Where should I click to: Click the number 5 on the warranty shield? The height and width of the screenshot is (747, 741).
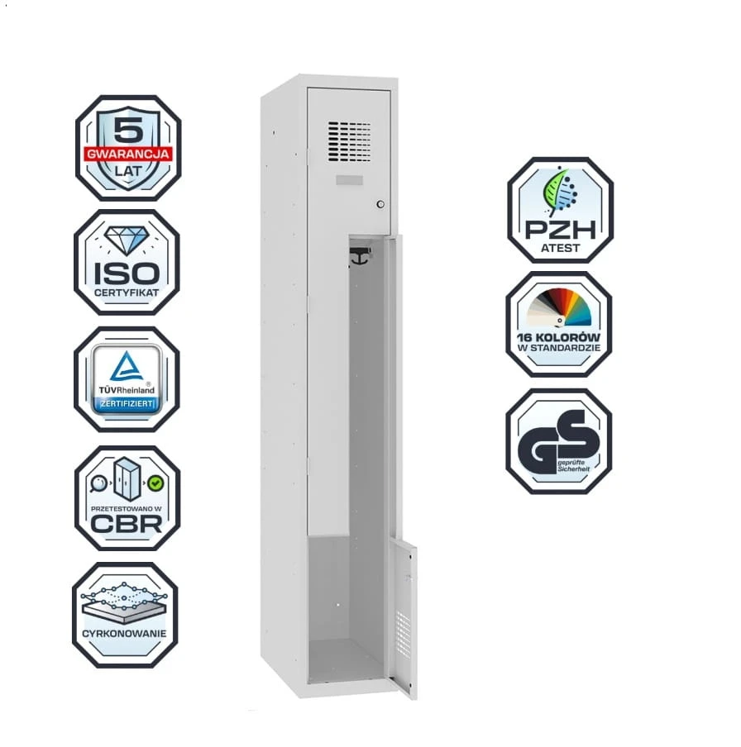128,129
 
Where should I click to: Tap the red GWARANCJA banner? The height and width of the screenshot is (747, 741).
128,154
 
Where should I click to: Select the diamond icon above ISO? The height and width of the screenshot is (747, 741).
127,240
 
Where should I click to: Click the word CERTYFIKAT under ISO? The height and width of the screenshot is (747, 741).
127,293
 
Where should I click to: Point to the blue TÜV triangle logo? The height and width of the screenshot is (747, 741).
127,366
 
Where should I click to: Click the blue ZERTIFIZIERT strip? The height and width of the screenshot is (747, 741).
127,404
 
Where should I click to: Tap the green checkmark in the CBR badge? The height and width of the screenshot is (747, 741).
155,483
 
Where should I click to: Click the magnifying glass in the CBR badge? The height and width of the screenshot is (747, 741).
98,483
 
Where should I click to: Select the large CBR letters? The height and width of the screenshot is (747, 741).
127,524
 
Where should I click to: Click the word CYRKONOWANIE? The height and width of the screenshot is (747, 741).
124,633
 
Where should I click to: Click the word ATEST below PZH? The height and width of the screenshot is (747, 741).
560,248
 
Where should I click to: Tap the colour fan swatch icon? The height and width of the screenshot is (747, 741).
558,307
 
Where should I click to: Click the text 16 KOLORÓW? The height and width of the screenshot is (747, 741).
558,337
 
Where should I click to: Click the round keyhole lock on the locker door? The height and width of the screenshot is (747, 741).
380,204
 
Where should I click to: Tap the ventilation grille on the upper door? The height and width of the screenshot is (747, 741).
349,141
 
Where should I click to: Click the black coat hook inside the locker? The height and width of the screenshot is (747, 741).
360,256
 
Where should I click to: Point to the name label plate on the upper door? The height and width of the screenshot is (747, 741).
350,180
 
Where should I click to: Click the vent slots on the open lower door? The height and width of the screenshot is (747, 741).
403,633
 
